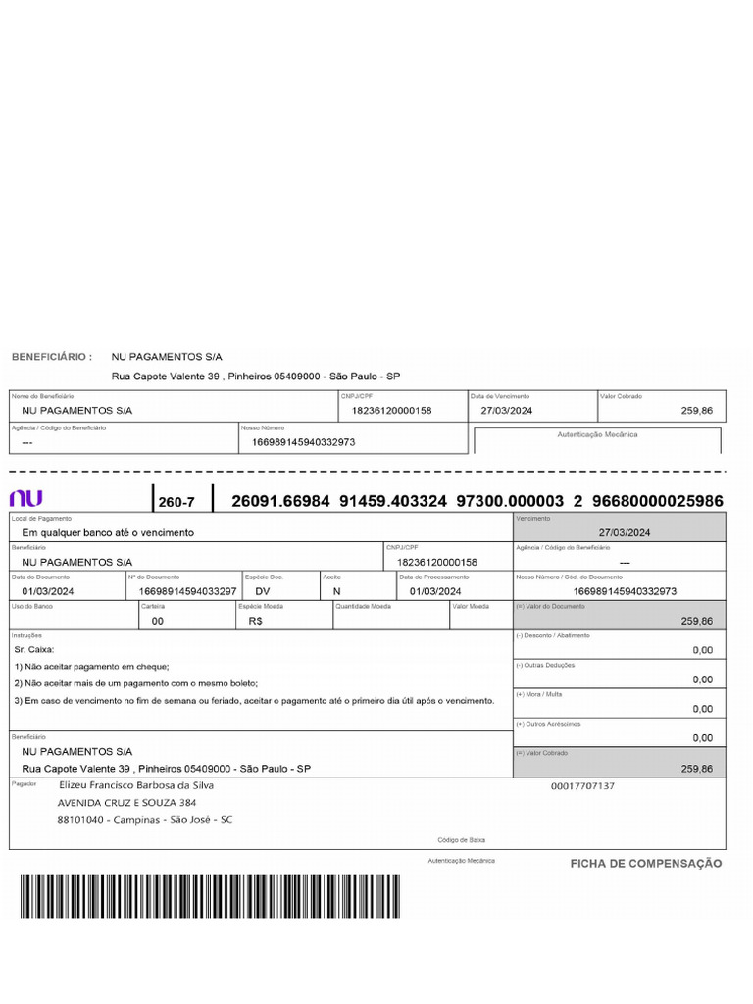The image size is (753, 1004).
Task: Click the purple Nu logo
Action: pos(25,498)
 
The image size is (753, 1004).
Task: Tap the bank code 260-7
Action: pos(177,502)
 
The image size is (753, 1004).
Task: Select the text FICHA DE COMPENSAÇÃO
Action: pos(646,864)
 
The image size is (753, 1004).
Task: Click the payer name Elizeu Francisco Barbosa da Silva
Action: pos(136,785)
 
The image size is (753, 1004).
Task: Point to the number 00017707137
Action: pos(582,786)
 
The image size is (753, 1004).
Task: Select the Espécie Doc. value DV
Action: pos(263,591)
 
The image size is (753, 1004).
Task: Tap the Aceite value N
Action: pos(337,591)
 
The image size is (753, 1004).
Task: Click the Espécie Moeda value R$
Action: pos(256,621)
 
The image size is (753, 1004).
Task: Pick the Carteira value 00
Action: pos(158,621)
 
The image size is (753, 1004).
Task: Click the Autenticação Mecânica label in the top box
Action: pos(597,433)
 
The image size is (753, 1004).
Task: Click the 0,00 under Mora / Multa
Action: pos(702,708)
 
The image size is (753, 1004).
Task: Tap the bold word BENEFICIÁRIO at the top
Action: pos(52,357)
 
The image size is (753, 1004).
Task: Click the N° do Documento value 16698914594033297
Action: pos(187,591)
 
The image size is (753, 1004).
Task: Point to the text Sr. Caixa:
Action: pos(35,649)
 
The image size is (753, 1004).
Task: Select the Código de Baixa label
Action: pos(461,840)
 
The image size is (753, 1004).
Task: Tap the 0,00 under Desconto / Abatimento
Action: pos(702,649)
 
